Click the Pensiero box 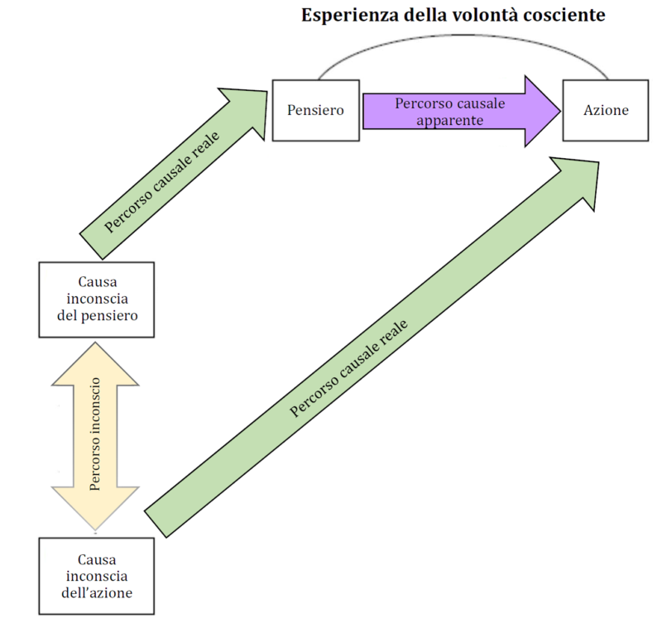(x=315, y=110)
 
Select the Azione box (x=605, y=110)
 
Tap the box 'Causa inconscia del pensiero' (x=96, y=300)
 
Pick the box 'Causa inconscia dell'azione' (x=96, y=575)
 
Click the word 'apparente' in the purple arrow (x=439, y=119)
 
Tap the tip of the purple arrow (x=553, y=111)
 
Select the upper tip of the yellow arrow (x=96, y=347)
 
